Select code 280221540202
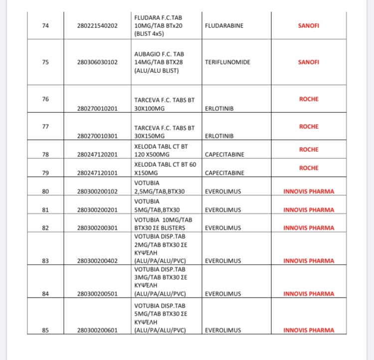click(x=98, y=25)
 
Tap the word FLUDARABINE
click(x=224, y=25)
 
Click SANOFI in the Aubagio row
click(x=308, y=62)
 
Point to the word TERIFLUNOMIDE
click(x=227, y=62)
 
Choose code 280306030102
click(x=98, y=62)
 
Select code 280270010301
click(x=98, y=136)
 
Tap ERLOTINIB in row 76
click(x=220, y=108)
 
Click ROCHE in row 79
click(x=308, y=168)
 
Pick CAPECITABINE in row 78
click(x=224, y=155)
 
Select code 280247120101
click(x=98, y=173)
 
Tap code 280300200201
click(x=98, y=210)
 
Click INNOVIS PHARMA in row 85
click(x=309, y=330)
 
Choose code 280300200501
click(x=98, y=294)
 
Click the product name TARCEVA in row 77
click(x=147, y=128)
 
